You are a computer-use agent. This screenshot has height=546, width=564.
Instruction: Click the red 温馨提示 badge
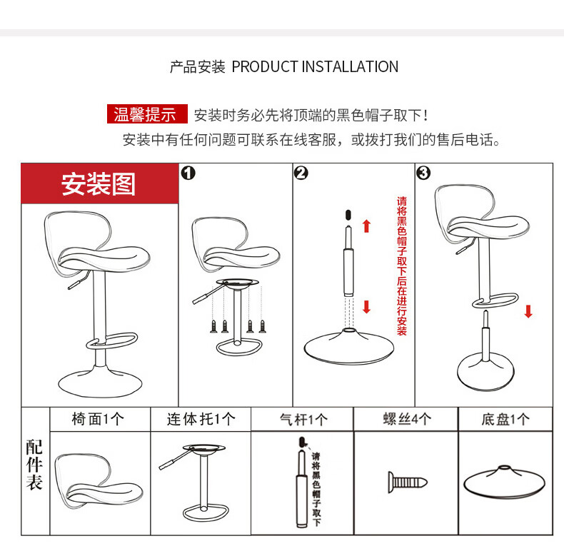pos(147,114)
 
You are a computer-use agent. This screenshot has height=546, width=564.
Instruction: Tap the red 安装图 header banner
pos(100,183)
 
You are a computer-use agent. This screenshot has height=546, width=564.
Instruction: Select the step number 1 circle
pos(188,173)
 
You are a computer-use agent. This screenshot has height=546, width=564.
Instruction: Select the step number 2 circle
pos(301,173)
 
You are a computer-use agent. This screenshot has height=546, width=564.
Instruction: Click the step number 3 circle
pos(423,173)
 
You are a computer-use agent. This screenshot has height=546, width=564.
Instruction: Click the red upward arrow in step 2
pos(366,226)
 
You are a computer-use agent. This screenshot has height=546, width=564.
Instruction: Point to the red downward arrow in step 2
pos(366,307)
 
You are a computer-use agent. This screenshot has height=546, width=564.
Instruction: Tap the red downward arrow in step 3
pos(528,311)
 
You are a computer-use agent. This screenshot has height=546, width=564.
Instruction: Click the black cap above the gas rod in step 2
pos(348,215)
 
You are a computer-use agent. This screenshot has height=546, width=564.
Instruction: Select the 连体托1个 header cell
pos(201,419)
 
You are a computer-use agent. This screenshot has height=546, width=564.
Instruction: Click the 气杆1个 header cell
pos(302,419)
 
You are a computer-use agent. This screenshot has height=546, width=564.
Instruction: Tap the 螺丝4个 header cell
pos(406,419)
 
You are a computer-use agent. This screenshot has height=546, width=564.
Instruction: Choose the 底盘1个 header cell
pos(505,419)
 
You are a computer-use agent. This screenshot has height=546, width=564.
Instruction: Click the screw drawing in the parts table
pos(408,482)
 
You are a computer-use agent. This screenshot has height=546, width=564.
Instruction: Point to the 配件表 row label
pos(34,465)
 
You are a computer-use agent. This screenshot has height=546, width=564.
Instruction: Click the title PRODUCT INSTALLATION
pos(315,67)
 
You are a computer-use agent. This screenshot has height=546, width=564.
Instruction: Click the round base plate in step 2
pos(348,346)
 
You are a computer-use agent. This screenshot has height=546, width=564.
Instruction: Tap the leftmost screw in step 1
pos(213,326)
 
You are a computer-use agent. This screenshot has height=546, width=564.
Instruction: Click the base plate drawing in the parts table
pos(504,482)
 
